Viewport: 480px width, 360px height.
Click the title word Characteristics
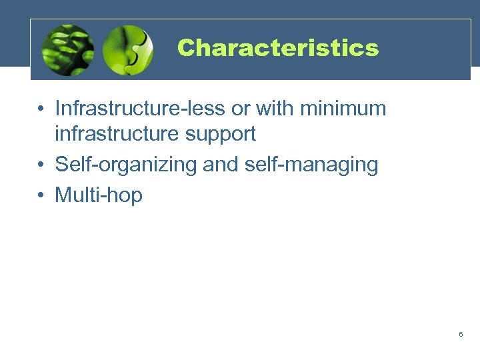point(277,48)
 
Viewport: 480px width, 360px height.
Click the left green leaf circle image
point(68,50)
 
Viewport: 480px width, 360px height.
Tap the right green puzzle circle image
point(129,50)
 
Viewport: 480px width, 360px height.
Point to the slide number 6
point(461,333)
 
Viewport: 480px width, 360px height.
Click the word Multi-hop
point(99,195)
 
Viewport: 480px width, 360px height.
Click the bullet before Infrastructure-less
point(41,109)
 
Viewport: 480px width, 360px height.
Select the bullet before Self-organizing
point(41,165)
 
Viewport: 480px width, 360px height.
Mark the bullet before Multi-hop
point(41,195)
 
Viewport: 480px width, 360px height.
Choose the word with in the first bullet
point(270,108)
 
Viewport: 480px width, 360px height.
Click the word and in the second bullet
point(220,164)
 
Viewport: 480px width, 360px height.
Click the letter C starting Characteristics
point(185,48)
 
